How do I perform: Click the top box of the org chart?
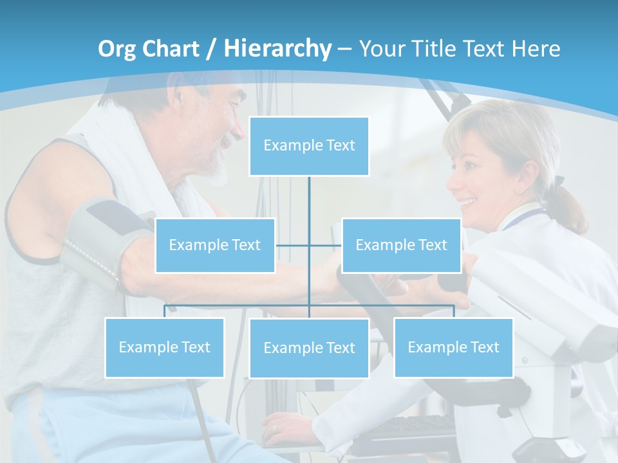point(309,146)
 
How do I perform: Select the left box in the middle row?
point(215,245)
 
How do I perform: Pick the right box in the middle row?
point(401,245)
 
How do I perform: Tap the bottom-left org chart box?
point(165,347)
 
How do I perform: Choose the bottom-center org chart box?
point(309,348)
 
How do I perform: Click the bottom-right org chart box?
point(453,347)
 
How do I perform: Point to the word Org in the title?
point(118,49)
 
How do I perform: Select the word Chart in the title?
point(171,48)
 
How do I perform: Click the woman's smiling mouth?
point(467,203)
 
